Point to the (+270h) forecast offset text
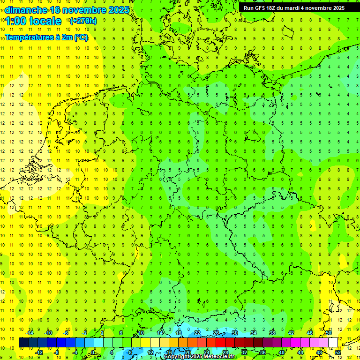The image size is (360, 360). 83,21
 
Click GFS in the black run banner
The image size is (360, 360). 262,8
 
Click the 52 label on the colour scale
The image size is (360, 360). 338,352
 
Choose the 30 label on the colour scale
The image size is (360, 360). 235,333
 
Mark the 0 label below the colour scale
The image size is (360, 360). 93,352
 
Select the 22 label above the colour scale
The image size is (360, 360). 197,333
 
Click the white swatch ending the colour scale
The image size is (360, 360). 333,342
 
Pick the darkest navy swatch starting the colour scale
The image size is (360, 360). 23,342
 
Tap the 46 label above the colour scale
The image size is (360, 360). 310,333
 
